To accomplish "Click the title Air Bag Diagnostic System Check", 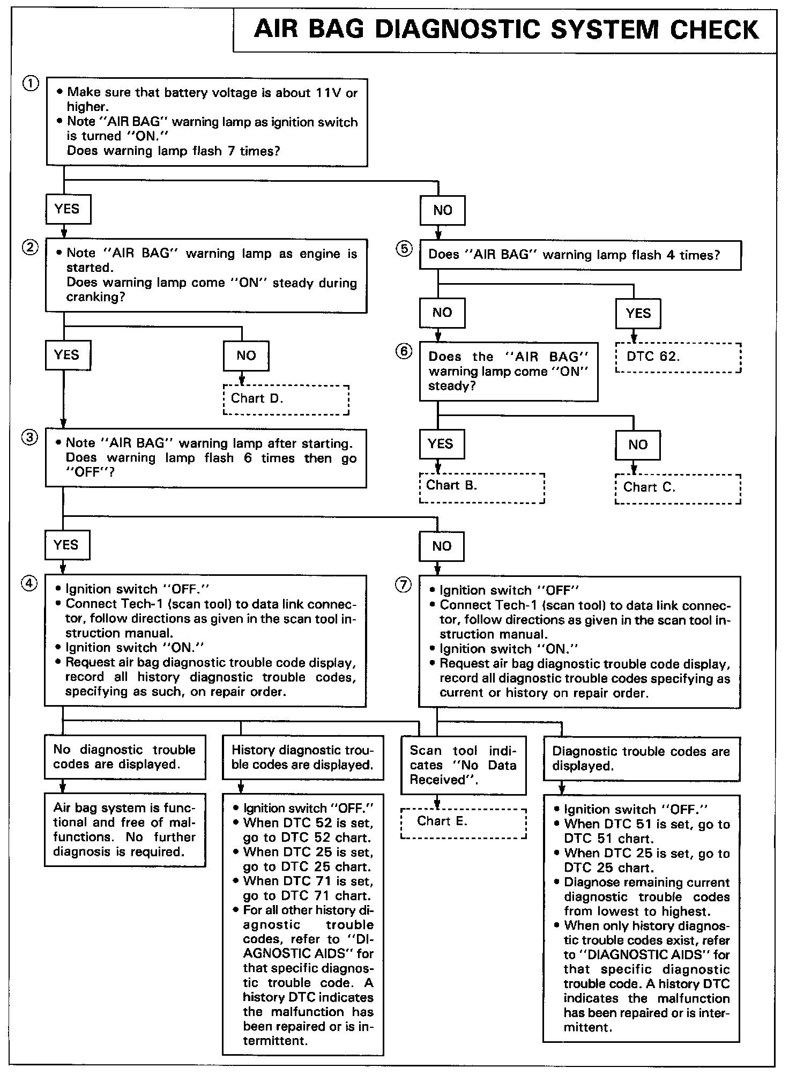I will coord(505,29).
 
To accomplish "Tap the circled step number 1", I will coord(31,84).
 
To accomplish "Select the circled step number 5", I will coord(404,249).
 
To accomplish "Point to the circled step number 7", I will coord(403,584).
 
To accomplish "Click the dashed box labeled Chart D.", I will coord(286,399).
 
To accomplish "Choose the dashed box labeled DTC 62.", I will coord(678,358).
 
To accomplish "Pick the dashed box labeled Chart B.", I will coord(481,487).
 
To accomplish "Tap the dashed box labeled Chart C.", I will coord(678,488).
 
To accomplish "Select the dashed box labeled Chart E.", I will coord(463,822).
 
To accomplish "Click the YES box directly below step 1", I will coord(68,209).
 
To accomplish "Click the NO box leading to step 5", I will coord(442,210).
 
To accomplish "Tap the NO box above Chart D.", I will coord(246,355).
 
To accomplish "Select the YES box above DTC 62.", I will coord(638,313).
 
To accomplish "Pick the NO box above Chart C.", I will coord(637,444).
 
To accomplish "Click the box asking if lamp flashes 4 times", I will coord(580,255).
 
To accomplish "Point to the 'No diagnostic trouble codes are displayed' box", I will coord(124,757).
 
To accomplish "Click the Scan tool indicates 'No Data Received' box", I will coord(463,766).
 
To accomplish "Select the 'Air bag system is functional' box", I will coord(124,830).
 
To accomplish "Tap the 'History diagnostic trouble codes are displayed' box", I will coord(303,758).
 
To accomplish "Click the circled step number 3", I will coord(29,438).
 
